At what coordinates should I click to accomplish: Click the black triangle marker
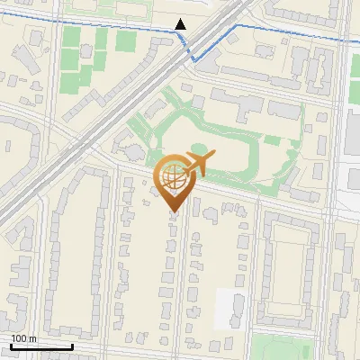point(181,25)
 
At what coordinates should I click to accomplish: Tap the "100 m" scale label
point(23,338)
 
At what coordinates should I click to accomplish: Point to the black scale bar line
point(40,346)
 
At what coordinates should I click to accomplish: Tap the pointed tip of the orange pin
point(172,212)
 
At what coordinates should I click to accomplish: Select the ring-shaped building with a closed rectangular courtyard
point(289,270)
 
